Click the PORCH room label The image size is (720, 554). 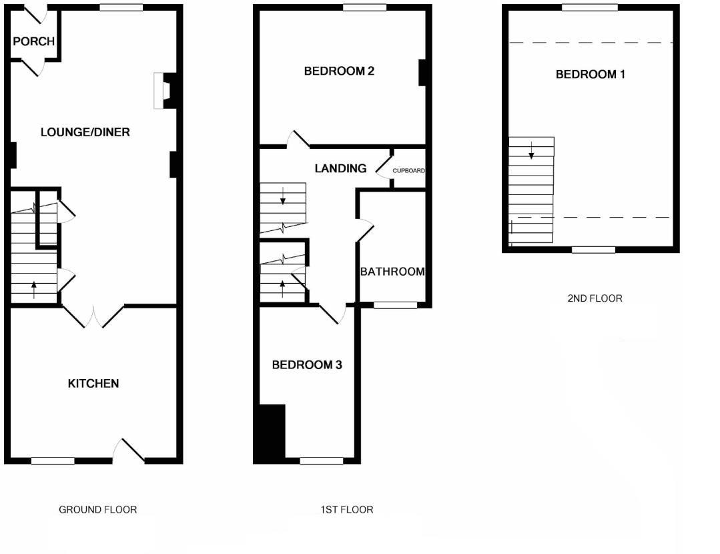click(x=33, y=41)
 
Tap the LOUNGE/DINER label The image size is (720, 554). click(x=85, y=132)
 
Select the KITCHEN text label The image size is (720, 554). click(x=93, y=384)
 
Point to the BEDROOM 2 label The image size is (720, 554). click(x=338, y=71)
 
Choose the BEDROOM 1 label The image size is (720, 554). click(x=591, y=74)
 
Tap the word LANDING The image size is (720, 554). click(x=340, y=169)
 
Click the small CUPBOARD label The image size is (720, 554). click(x=408, y=171)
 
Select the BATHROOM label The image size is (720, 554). click(x=392, y=272)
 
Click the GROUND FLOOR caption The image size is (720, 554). click(x=98, y=510)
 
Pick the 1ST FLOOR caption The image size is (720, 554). click(x=346, y=510)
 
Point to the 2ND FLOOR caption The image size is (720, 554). click(x=595, y=298)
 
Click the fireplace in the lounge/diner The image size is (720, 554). click(x=163, y=90)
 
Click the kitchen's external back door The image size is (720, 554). click(x=129, y=452)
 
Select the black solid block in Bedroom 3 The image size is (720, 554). click(x=270, y=433)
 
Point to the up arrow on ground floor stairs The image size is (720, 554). click(x=33, y=289)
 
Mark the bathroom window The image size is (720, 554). click(x=395, y=305)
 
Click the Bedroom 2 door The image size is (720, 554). click(x=298, y=139)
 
